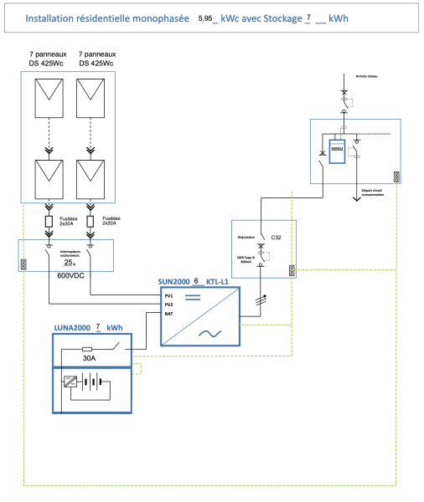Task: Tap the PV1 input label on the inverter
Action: pos(168,295)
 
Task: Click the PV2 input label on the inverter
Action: pos(168,305)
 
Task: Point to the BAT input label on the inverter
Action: pos(168,314)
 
